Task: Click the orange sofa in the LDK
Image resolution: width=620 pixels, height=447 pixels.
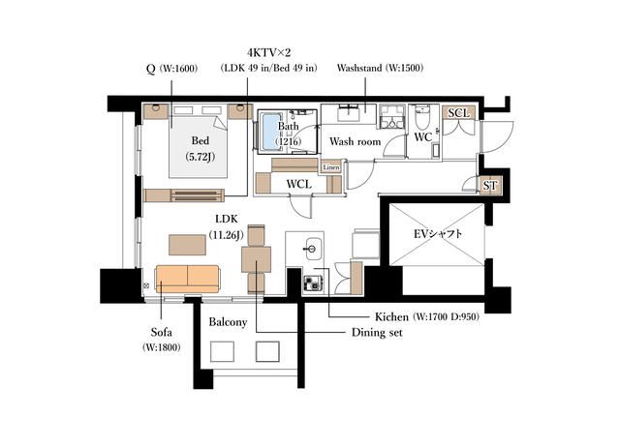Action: pos(187,279)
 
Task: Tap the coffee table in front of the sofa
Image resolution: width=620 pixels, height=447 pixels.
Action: pos(187,245)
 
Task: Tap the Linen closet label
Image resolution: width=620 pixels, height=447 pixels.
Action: pos(331,167)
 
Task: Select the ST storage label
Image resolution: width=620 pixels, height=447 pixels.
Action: pos(490,186)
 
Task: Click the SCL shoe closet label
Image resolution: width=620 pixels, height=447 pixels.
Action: pos(458,113)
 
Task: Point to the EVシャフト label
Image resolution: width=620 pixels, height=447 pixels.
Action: pos(437,234)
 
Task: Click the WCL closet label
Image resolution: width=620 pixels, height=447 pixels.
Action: pos(299,184)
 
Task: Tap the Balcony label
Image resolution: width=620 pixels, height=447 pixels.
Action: pos(228,322)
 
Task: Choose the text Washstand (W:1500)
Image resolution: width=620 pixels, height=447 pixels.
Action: pos(380,68)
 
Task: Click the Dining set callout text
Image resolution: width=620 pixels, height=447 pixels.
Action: pos(377,333)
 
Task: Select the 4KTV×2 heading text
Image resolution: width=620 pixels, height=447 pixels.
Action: pos(269,52)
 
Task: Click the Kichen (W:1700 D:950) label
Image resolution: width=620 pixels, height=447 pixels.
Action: pos(427,316)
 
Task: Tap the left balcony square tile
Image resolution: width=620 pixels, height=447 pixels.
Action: pos(222,351)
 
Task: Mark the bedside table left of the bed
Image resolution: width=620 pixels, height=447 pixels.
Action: pos(156,111)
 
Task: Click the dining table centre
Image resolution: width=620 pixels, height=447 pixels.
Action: pos(256,260)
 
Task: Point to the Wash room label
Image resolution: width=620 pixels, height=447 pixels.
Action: pos(356,141)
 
